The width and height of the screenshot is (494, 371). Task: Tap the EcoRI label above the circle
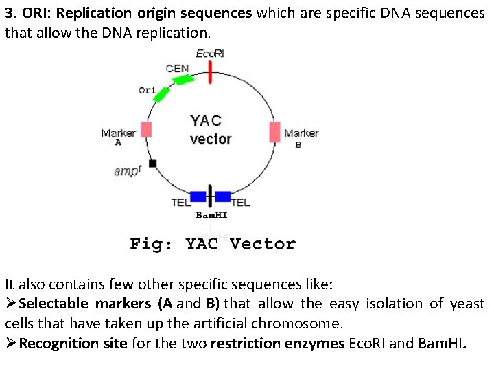point(210,54)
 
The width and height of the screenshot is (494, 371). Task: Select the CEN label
point(178,68)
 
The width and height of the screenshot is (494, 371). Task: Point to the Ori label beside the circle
point(147,90)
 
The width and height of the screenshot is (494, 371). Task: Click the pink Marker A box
point(146,130)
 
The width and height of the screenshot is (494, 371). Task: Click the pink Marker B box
point(274,132)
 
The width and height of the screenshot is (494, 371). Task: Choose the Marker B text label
point(301,137)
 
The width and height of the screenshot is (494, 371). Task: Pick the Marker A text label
point(119,137)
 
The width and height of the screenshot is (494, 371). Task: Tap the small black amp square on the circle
point(153,164)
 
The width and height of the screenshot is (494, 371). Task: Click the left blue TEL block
point(198,196)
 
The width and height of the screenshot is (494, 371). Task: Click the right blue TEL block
point(222,196)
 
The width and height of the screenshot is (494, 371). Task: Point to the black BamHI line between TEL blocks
point(210,196)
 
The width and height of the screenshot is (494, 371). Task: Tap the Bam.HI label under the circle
point(211,215)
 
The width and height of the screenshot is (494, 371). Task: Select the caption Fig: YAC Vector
point(213,244)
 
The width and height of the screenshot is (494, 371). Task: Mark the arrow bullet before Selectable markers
point(11,304)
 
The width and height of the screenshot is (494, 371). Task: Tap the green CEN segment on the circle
point(183,80)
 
